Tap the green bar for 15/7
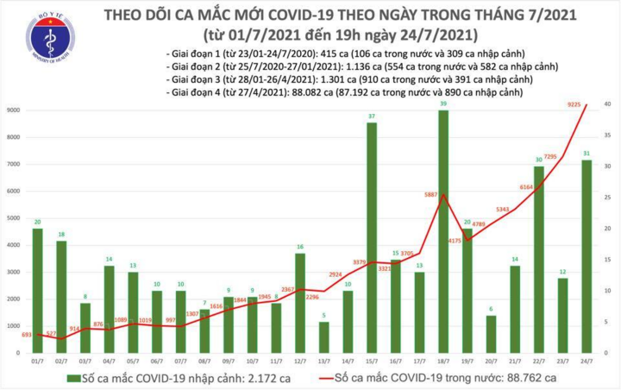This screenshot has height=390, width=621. pyautogui.click(x=372, y=238)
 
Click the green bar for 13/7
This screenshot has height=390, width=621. pyautogui.click(x=323, y=337)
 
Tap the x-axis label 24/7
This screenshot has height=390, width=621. pyautogui.click(x=586, y=363)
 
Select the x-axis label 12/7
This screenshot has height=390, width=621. pyautogui.click(x=299, y=363)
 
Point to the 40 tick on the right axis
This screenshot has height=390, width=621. pyautogui.click(x=608, y=104)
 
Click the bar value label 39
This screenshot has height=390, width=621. pyautogui.click(x=443, y=104)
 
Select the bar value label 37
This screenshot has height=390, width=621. pyautogui.click(x=372, y=116)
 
